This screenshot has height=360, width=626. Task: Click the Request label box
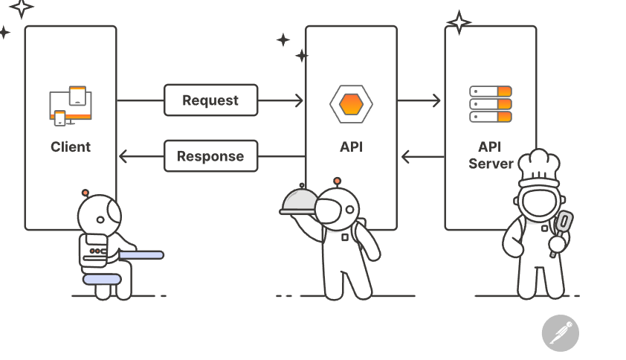click(210, 100)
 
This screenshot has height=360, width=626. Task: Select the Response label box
click(210, 156)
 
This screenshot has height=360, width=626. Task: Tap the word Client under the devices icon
click(71, 147)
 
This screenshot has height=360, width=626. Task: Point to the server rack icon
click(491, 104)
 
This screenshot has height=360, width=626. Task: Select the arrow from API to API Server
click(419, 100)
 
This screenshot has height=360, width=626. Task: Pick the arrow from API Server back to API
click(422, 156)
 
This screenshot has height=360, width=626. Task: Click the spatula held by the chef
click(562, 224)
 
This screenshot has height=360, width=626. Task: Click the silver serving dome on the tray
click(300, 199)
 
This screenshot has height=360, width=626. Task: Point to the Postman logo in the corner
click(560, 332)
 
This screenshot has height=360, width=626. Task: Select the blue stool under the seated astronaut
click(102, 279)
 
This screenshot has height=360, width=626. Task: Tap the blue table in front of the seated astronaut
click(141, 255)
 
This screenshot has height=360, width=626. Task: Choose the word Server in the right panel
click(491, 164)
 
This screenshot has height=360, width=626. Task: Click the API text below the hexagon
click(351, 147)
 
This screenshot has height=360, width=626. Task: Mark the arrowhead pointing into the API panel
click(299, 100)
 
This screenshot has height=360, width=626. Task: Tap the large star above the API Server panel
click(459, 22)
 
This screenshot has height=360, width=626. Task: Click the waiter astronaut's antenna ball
click(337, 181)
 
